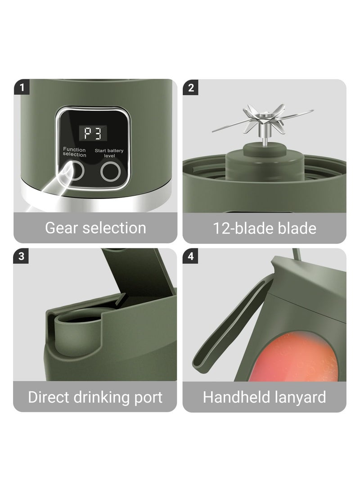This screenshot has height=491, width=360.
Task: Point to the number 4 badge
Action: (191, 257)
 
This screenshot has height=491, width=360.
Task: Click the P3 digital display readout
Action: (93, 132)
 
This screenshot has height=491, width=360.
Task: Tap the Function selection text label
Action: (74, 152)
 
